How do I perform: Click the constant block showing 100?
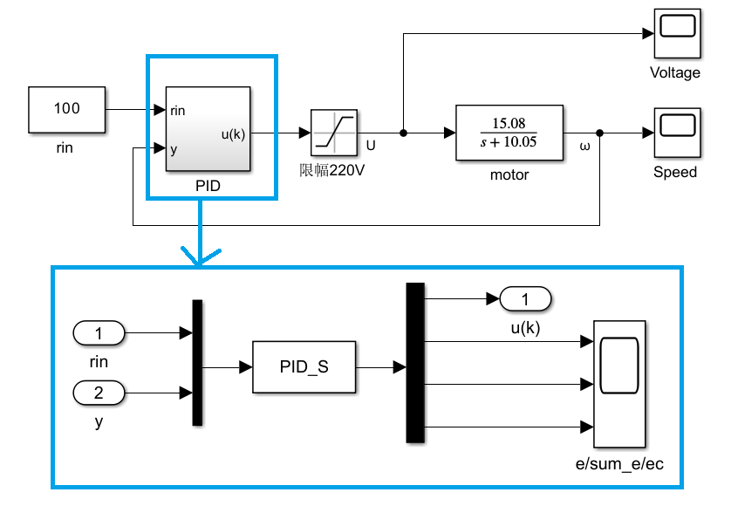tap(67, 110)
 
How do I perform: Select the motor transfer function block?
tap(509, 133)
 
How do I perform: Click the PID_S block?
tap(304, 367)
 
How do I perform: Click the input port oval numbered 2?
tap(99, 393)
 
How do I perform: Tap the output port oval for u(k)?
tap(526, 300)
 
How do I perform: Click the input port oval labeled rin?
tap(99, 332)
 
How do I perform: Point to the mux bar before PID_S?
tap(197, 363)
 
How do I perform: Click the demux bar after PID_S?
tap(415, 363)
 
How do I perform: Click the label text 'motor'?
tap(509, 174)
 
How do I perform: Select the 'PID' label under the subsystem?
tap(208, 187)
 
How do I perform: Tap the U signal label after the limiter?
tap(371, 145)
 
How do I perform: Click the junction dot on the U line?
tap(403, 133)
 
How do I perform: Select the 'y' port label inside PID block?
tap(174, 149)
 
